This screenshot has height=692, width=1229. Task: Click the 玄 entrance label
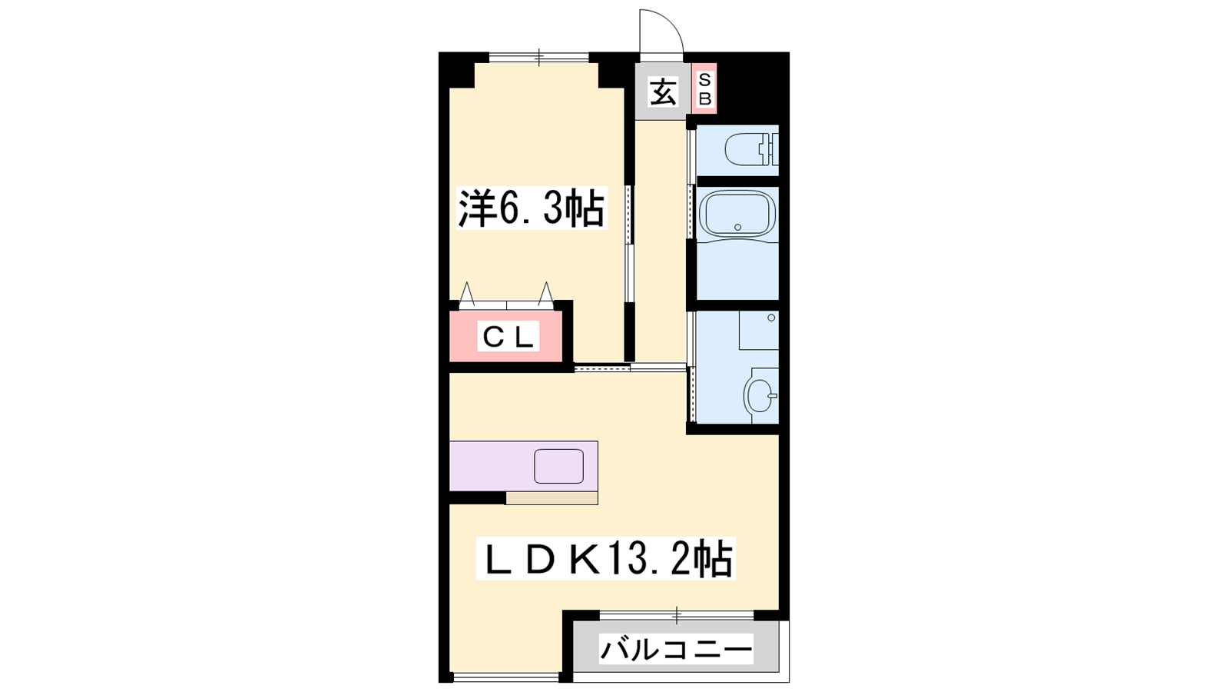(663, 92)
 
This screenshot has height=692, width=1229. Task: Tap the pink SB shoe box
(704, 89)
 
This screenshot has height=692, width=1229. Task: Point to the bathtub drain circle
(737, 227)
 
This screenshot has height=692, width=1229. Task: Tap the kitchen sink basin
(558, 466)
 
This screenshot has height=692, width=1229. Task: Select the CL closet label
(508, 337)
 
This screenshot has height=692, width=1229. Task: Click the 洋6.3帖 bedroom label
(531, 208)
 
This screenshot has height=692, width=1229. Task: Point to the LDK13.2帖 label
(605, 558)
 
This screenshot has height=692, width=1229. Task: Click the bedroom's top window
(538, 57)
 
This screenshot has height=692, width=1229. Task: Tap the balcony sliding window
(677, 615)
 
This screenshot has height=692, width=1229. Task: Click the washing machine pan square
(759, 330)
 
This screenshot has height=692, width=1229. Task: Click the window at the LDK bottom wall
(506, 677)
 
